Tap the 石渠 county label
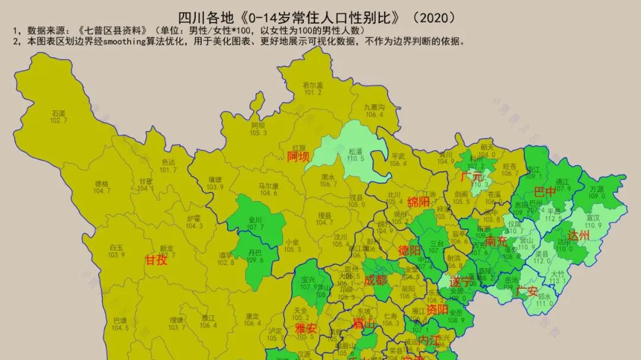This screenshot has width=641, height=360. (58, 113)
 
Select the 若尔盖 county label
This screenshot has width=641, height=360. (312, 85)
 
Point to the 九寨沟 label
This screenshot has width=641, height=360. (375, 107)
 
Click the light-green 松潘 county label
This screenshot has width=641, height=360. (355, 151)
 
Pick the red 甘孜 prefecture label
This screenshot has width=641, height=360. (157, 259)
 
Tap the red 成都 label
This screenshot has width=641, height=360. (375, 280)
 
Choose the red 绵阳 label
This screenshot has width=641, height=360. (418, 202)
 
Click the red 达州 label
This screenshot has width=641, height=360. (579, 235)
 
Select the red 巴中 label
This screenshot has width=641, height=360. (545, 192)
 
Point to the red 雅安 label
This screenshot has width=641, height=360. (306, 328)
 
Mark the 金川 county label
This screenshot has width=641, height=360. (255, 219)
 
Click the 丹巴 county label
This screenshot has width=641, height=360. (255, 252)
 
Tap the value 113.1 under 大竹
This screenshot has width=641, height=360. (557, 282)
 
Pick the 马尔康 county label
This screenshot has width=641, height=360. (268, 186)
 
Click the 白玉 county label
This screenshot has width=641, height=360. (117, 248)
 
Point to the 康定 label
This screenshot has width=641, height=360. (252, 316)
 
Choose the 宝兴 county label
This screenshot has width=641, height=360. (309, 279)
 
